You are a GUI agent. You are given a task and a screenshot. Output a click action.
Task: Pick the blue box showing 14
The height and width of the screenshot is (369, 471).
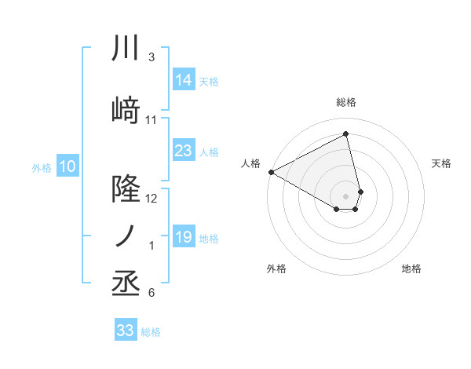[184, 79]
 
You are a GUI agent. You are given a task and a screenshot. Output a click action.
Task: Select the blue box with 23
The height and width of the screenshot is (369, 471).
[184, 151]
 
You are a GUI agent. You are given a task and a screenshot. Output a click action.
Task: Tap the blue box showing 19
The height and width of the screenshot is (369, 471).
[184, 237]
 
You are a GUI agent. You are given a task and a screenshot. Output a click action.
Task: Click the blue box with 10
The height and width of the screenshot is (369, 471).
[68, 166]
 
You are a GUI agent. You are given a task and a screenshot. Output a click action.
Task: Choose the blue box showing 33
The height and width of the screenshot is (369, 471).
[126, 331]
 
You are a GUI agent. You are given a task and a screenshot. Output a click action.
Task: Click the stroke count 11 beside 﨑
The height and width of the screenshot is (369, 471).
[152, 120]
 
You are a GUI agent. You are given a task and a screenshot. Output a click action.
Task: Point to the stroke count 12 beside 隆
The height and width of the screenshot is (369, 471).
[152, 199]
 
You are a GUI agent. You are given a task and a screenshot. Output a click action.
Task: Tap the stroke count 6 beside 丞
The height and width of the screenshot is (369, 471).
[152, 294]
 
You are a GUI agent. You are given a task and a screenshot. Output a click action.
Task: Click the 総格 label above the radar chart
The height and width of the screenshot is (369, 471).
[346, 102]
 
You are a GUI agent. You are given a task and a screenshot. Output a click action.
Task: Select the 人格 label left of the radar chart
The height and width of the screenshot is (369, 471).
[250, 163]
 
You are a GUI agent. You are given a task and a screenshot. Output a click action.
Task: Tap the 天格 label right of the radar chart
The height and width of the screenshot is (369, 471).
[441, 163]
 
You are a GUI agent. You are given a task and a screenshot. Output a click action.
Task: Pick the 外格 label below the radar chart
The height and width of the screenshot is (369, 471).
[276, 269]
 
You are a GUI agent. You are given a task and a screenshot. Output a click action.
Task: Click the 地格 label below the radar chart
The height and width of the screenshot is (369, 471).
[411, 269]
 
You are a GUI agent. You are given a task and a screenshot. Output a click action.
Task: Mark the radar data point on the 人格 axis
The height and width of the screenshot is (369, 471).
[271, 172]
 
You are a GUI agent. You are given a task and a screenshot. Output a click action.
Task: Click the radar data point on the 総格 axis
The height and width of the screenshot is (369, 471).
[346, 134]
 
